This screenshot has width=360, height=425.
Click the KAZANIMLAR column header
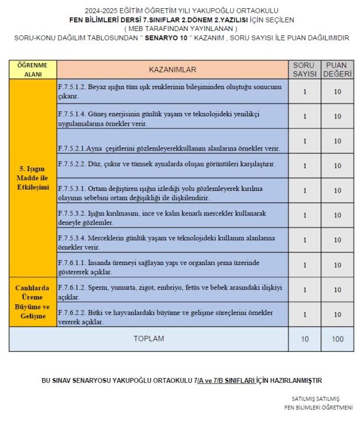(172, 69)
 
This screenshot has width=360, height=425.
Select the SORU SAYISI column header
(305, 69)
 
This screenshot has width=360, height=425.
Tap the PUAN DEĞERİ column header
(337, 69)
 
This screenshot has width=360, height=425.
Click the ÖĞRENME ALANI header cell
(33, 69)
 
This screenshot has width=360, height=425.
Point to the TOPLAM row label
(148, 339)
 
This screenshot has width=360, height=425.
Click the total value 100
(337, 339)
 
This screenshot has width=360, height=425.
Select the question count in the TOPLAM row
(305, 339)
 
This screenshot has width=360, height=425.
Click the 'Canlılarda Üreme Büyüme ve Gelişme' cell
(33, 302)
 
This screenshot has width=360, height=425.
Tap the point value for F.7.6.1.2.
(337, 289)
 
